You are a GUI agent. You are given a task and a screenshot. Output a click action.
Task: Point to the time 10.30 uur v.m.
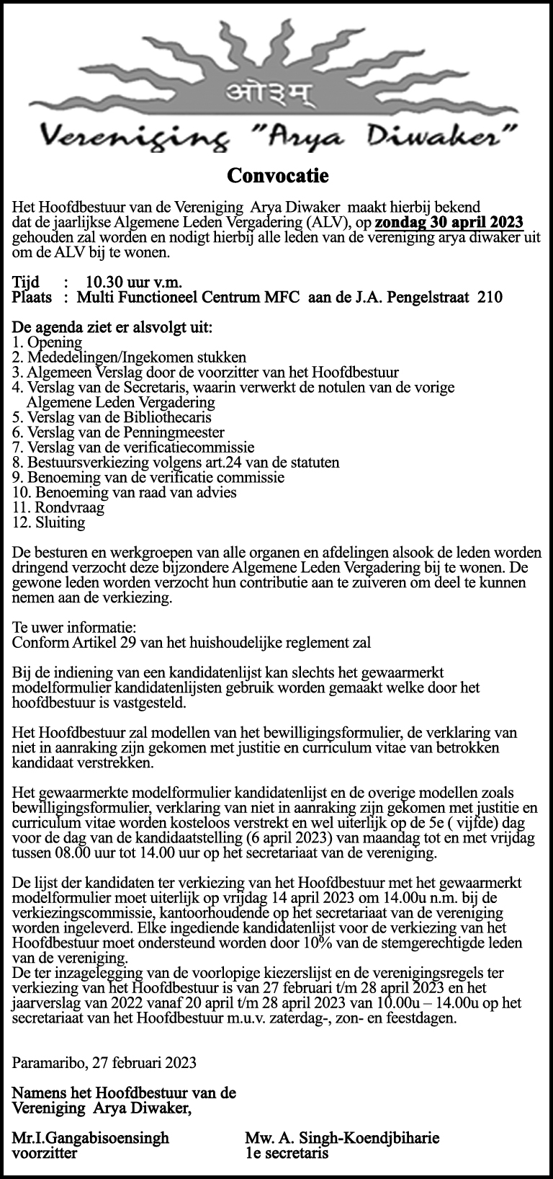133,281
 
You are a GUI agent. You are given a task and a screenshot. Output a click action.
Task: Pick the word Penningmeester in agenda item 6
176,432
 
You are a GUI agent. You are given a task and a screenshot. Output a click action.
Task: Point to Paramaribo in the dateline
48,1062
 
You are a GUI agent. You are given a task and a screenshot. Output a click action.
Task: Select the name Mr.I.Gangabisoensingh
91,1138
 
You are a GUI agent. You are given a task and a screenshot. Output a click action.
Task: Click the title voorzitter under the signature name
45,1152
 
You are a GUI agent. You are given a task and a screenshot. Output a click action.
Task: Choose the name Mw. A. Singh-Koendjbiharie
342,1138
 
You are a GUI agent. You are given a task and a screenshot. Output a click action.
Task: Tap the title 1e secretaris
287,1152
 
